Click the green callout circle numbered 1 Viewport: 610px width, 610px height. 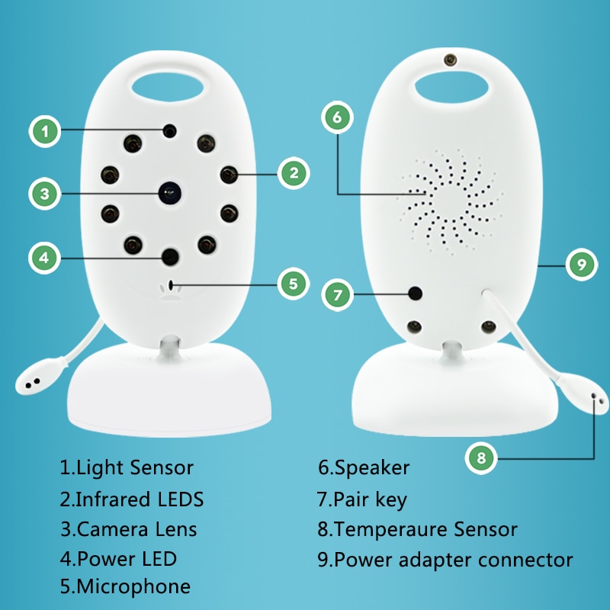pyautogui.click(x=45, y=131)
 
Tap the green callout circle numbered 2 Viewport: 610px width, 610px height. pyautogui.click(x=294, y=173)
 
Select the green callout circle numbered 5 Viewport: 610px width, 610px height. pyautogui.click(x=294, y=284)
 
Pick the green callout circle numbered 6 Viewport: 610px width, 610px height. pyautogui.click(x=337, y=117)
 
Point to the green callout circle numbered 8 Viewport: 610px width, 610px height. pyautogui.click(x=481, y=458)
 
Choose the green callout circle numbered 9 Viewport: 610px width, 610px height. pyautogui.click(x=582, y=265)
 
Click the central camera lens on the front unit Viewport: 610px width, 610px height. pyautogui.click(x=170, y=193)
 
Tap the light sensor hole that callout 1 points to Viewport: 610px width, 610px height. pyautogui.click(x=169, y=131)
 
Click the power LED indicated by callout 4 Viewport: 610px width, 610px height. pyautogui.click(x=170, y=256)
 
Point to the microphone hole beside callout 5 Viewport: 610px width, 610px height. pyautogui.click(x=170, y=284)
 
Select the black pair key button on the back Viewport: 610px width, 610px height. pyautogui.click(x=416, y=294)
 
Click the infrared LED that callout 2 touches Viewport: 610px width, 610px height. pyautogui.click(x=229, y=175)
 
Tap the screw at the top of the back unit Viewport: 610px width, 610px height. pyautogui.click(x=451, y=60)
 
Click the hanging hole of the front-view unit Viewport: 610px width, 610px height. pyautogui.click(x=168, y=86)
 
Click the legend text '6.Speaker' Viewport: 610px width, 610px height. pyautogui.click(x=364, y=468)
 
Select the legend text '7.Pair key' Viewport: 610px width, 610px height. pyautogui.click(x=361, y=500)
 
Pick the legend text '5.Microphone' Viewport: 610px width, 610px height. pyautogui.click(x=125, y=586)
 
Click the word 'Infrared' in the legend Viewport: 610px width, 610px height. pyautogui.click(x=112, y=499)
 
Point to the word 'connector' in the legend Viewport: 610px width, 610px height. pyautogui.click(x=525, y=560)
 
